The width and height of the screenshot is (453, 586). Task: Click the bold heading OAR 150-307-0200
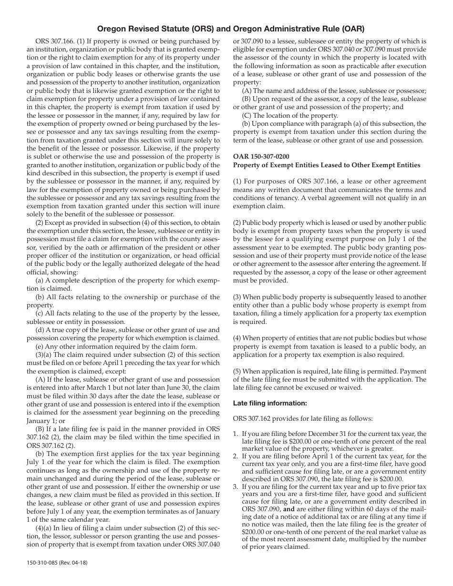tap(261, 156)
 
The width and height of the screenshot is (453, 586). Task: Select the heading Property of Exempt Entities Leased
tap(327, 165)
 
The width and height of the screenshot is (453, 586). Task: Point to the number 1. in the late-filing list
tap(236, 434)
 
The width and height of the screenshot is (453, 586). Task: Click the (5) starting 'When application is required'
tap(237, 371)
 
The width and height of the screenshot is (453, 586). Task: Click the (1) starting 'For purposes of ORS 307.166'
tap(237, 182)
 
